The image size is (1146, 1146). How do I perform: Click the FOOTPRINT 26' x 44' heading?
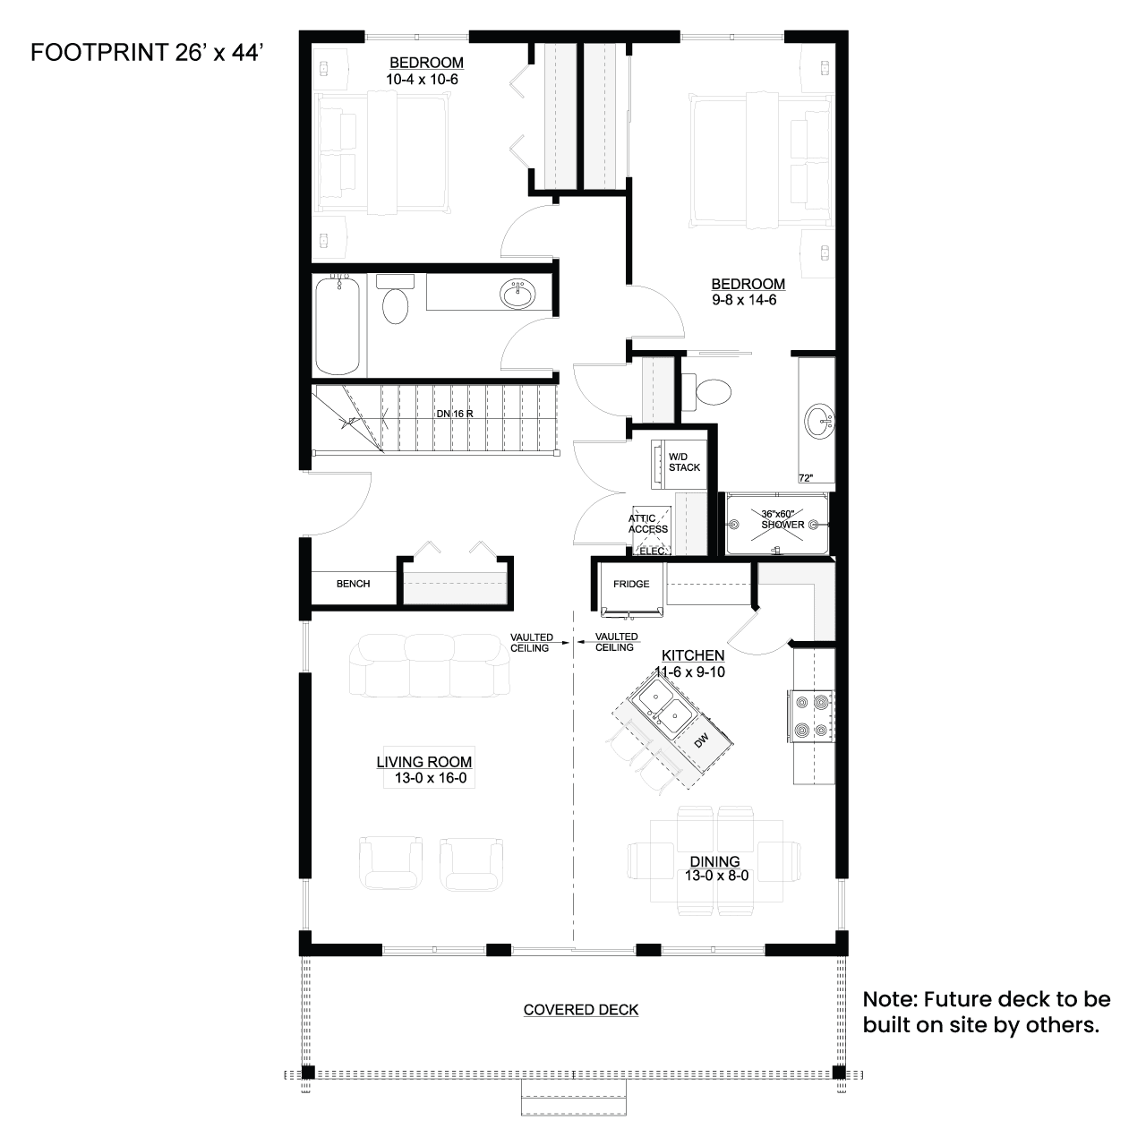147,53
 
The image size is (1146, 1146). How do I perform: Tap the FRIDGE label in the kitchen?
631,584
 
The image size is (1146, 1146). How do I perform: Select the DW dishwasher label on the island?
701,740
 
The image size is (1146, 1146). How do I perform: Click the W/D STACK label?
684,462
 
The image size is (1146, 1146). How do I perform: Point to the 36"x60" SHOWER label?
782,519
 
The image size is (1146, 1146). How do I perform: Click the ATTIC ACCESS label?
647,524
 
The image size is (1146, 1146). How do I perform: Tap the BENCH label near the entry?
354,584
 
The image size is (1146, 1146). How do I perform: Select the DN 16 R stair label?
454,414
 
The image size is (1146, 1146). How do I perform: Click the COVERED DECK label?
581,1010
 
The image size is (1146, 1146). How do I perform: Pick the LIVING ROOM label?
424,762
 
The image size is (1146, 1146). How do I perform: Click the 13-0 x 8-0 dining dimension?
716,876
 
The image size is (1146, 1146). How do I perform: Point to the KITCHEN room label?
693,655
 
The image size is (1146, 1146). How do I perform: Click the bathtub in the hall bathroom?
338,325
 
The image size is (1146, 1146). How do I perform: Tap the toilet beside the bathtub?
395,299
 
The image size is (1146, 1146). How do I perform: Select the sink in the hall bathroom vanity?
517,294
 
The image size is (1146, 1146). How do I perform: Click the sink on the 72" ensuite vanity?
819,421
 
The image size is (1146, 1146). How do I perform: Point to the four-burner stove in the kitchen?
812,716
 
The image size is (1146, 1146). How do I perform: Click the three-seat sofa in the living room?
430,665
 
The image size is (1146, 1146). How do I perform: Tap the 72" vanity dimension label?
806,478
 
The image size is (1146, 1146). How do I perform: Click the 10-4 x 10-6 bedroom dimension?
423,80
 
